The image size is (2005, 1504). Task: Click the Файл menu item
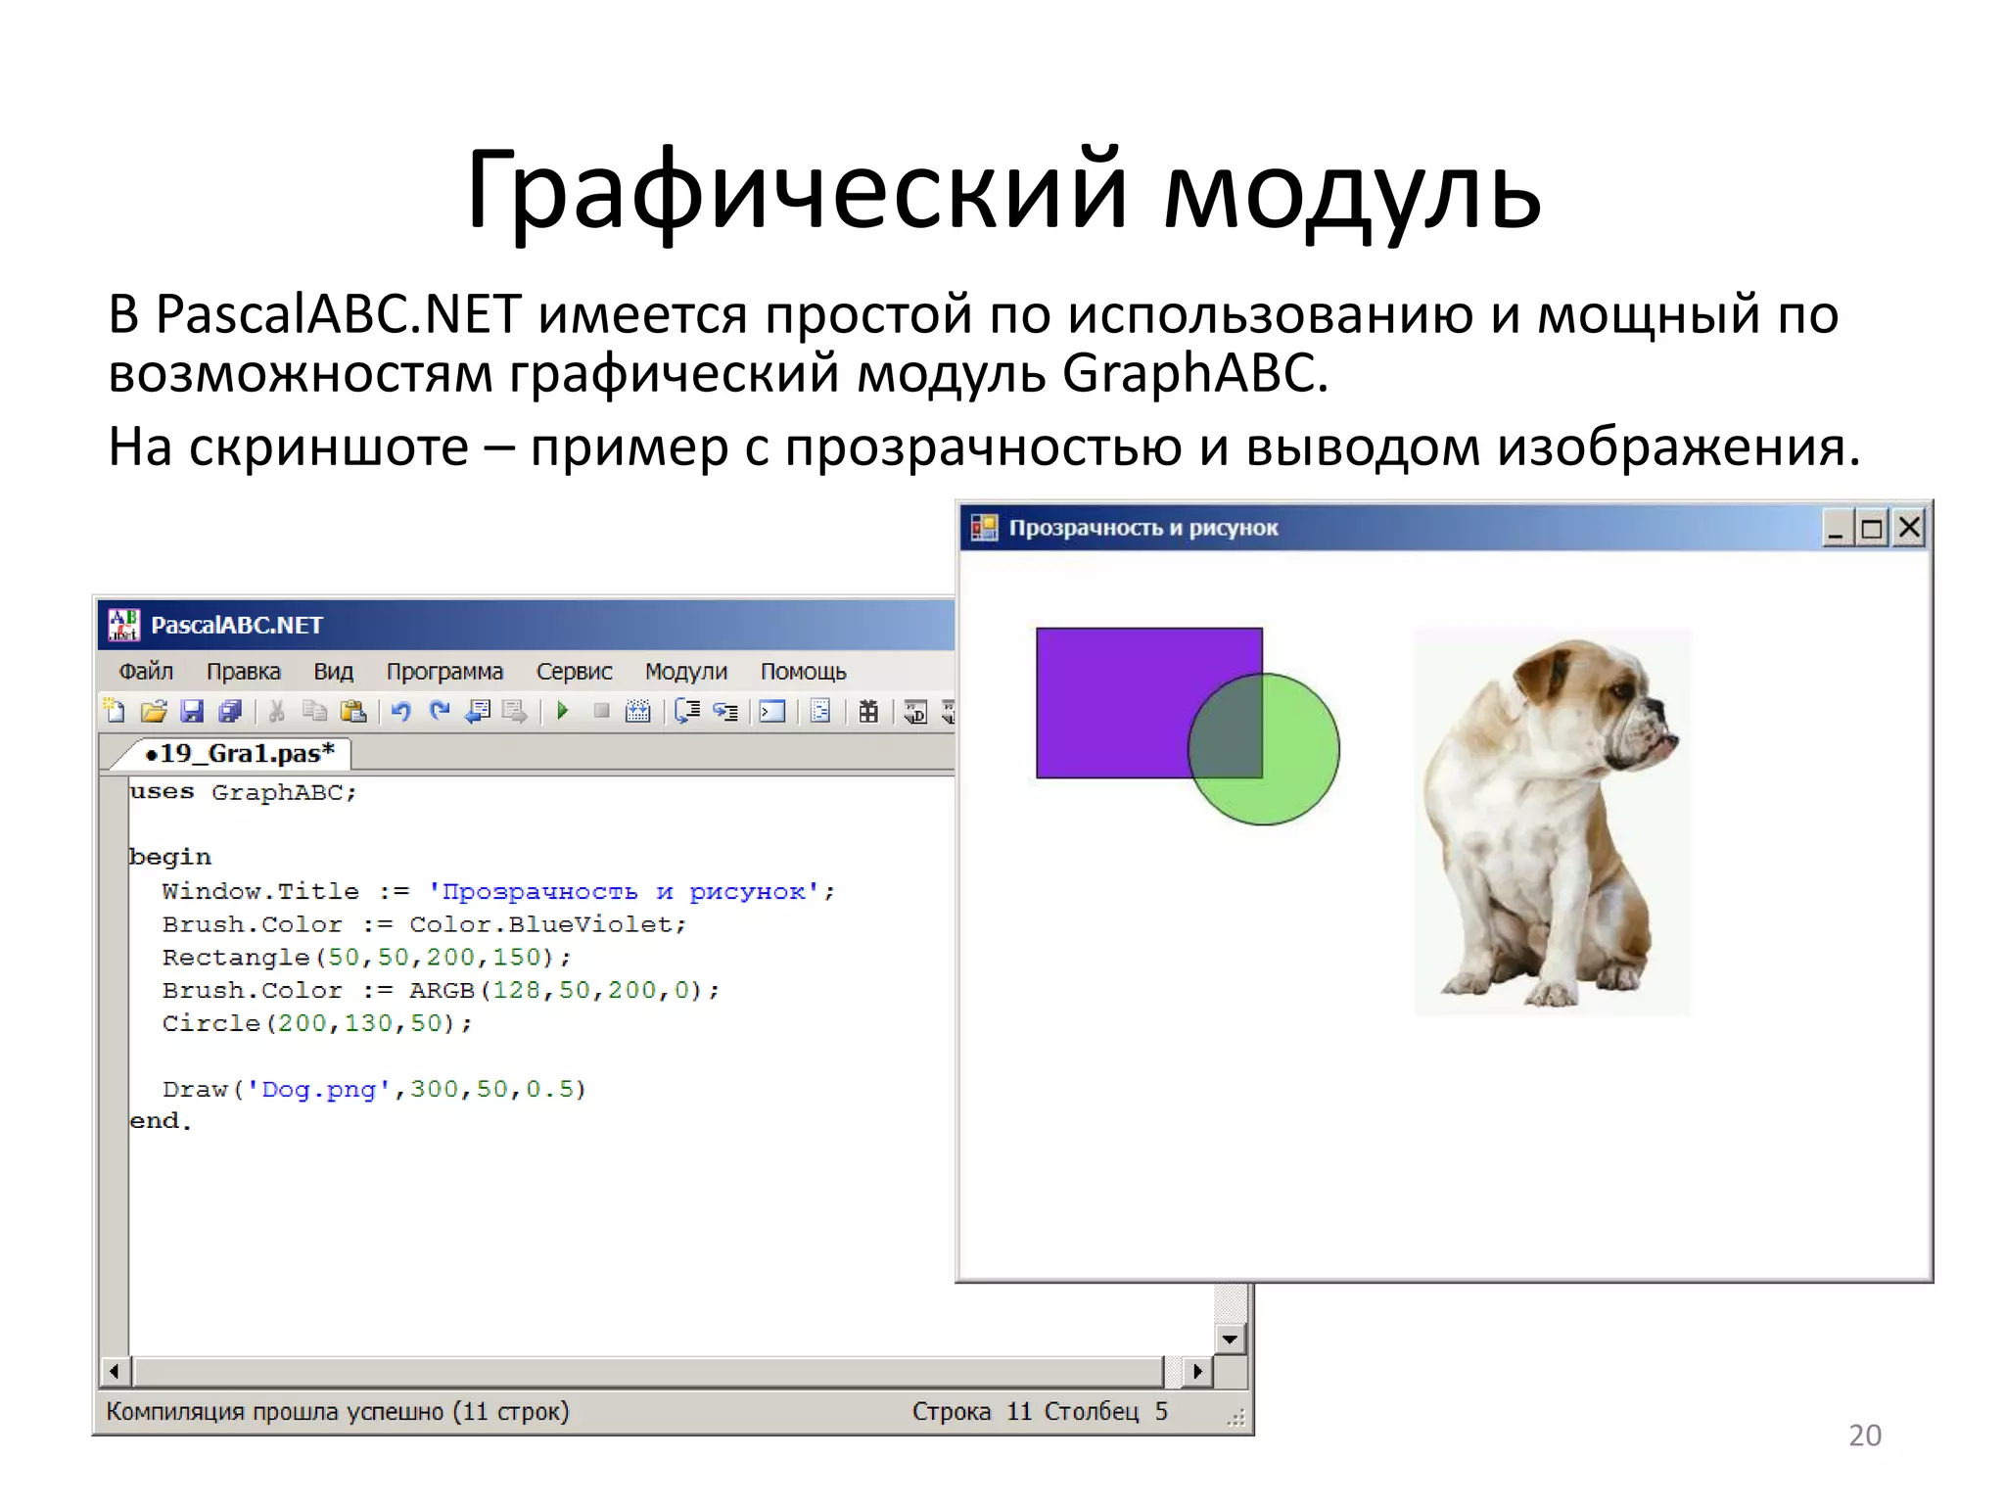click(x=146, y=672)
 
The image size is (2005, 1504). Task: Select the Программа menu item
click(x=444, y=672)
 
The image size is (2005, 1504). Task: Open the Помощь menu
click(x=803, y=672)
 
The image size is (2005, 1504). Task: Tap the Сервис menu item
click(x=574, y=672)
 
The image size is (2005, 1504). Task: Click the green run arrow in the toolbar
click(x=563, y=711)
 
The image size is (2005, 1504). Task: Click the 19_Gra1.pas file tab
click(x=239, y=753)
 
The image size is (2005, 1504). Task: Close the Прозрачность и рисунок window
click(x=1909, y=529)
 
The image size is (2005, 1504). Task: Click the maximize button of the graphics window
click(x=1872, y=529)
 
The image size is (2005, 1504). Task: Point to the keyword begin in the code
click(x=170, y=857)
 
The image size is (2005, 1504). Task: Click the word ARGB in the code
click(x=442, y=991)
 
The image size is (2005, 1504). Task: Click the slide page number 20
click(x=1864, y=1435)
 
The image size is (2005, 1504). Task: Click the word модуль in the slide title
click(x=1351, y=191)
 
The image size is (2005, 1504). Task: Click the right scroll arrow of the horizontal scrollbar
click(x=1196, y=1371)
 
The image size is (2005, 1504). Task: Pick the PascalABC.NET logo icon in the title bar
click(x=123, y=625)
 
